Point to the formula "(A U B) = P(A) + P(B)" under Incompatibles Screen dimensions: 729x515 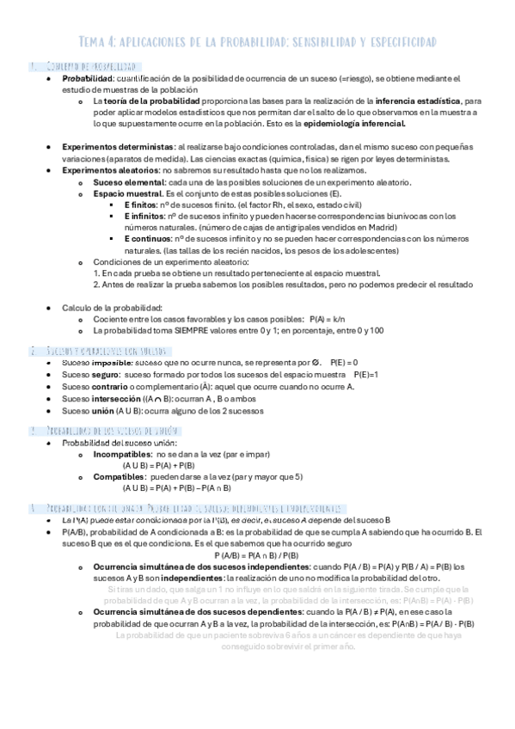[158, 464]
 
